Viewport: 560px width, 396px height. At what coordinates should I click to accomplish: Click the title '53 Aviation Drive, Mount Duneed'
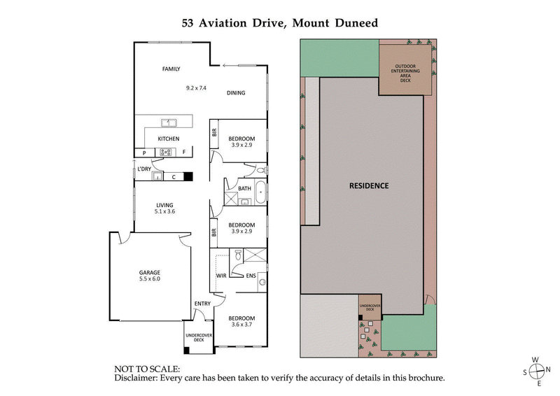[280, 23]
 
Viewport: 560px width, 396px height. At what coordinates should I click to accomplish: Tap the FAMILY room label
[171, 69]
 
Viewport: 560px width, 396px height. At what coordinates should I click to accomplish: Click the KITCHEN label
[168, 139]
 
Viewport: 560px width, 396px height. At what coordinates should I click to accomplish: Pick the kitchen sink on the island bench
[168, 123]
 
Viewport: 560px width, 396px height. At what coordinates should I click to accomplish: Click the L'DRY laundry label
[144, 169]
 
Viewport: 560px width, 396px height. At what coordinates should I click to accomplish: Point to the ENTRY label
[202, 303]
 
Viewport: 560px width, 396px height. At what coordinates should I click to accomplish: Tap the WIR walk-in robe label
[221, 276]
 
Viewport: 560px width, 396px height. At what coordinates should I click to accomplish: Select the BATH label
[244, 188]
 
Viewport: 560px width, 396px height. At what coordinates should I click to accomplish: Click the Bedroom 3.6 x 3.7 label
[241, 320]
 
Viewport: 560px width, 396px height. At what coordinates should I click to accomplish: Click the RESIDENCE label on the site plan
[369, 186]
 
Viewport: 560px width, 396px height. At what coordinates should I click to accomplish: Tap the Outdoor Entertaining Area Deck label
[405, 73]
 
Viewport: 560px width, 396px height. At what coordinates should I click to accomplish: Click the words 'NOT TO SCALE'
[147, 368]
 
